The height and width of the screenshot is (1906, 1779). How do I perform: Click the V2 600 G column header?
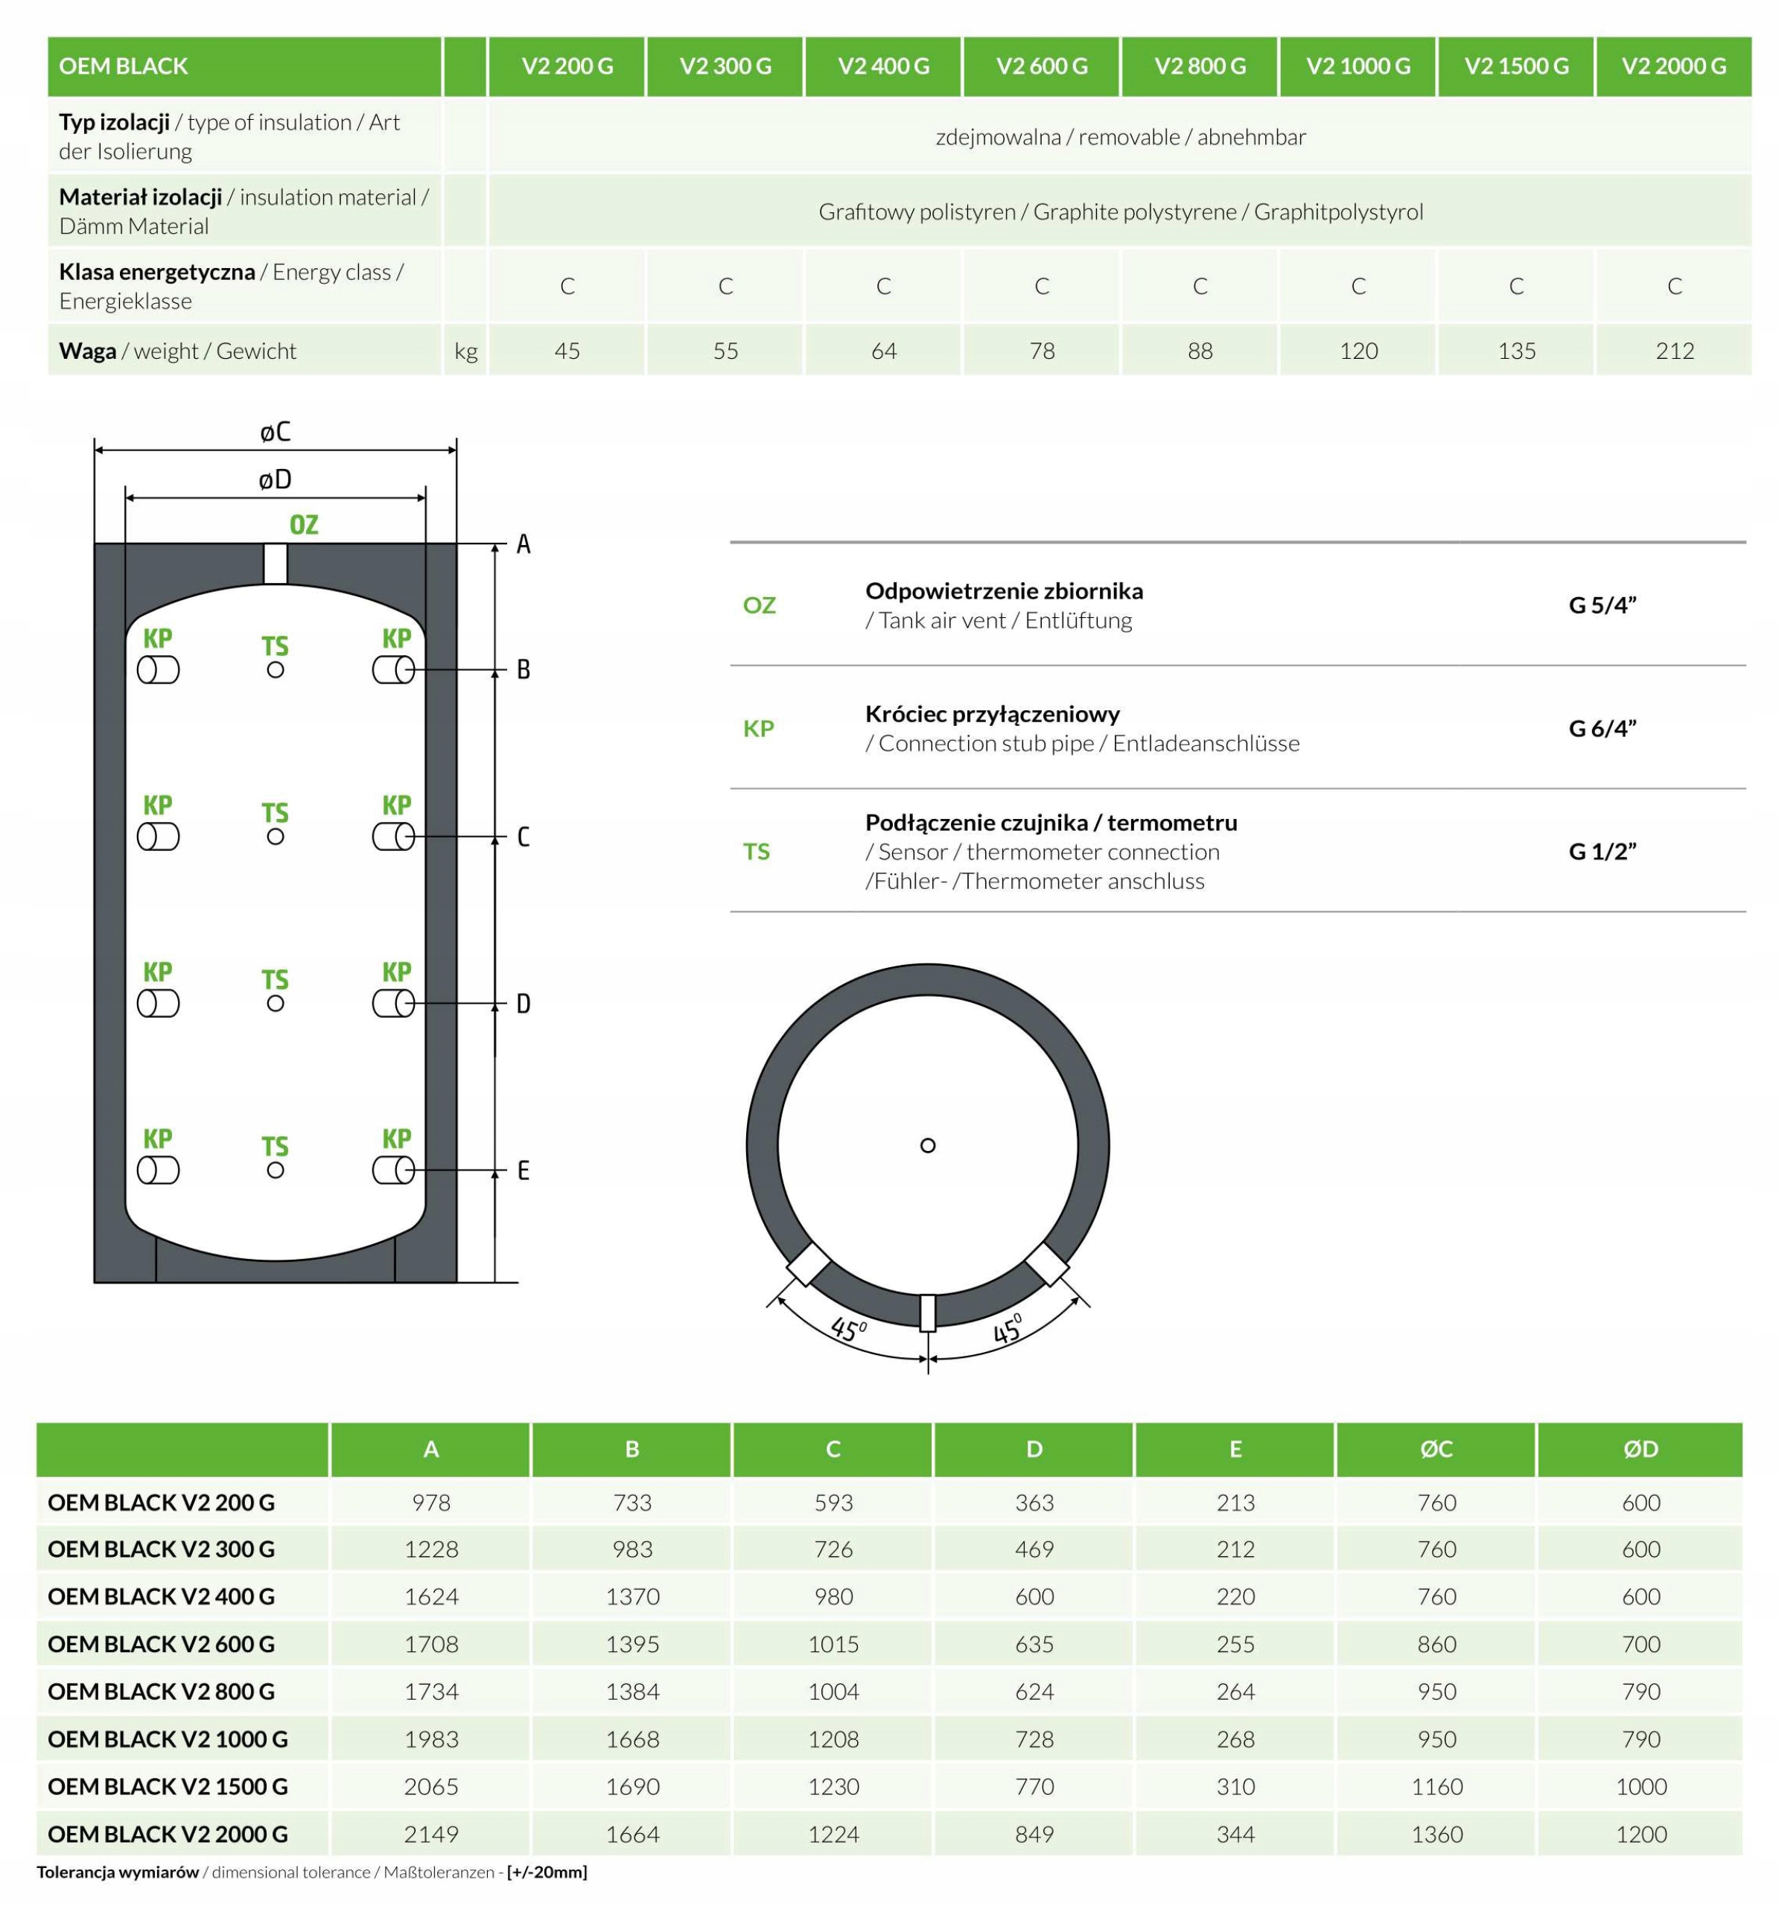1042,66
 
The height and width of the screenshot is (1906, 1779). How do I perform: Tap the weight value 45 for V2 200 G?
567,351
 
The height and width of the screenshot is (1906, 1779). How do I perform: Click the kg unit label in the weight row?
466,351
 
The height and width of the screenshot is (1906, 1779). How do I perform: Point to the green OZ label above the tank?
304,526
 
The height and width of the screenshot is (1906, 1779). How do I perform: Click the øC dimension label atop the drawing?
276,433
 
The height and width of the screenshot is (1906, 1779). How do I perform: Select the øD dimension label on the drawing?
276,479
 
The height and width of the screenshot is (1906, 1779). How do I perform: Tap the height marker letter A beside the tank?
523,544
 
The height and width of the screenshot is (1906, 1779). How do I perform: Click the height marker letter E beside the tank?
523,1170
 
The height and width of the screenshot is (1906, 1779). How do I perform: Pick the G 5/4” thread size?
1602,605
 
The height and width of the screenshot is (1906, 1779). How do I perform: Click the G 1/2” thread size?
1602,852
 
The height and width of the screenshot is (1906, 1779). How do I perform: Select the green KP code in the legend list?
759,729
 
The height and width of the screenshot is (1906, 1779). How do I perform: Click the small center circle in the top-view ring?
927,1146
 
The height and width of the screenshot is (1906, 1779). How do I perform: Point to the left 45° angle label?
849,1330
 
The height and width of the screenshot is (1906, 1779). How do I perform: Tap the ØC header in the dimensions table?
1436,1449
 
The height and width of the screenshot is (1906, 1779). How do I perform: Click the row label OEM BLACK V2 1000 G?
168,1738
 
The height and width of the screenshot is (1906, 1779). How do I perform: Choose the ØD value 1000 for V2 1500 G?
1641,1786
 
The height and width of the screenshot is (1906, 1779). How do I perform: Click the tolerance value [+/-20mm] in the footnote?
547,1872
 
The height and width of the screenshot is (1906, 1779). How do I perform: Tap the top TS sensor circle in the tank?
276,670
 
